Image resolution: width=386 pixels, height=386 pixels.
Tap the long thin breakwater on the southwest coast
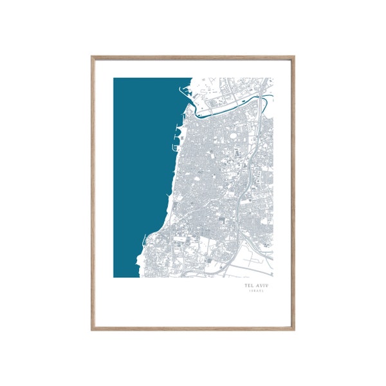pyautogui.click(x=145, y=241)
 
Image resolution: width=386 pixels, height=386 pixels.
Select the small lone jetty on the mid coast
pyautogui.click(x=168, y=195)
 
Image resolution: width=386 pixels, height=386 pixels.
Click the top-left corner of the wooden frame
pyautogui.click(x=93, y=57)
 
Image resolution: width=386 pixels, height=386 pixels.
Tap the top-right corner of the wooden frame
pyautogui.click(x=294, y=57)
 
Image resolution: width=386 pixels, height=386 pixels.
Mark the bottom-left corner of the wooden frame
pyautogui.click(x=93, y=329)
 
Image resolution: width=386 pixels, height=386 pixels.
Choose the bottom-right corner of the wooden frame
pyautogui.click(x=294, y=329)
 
